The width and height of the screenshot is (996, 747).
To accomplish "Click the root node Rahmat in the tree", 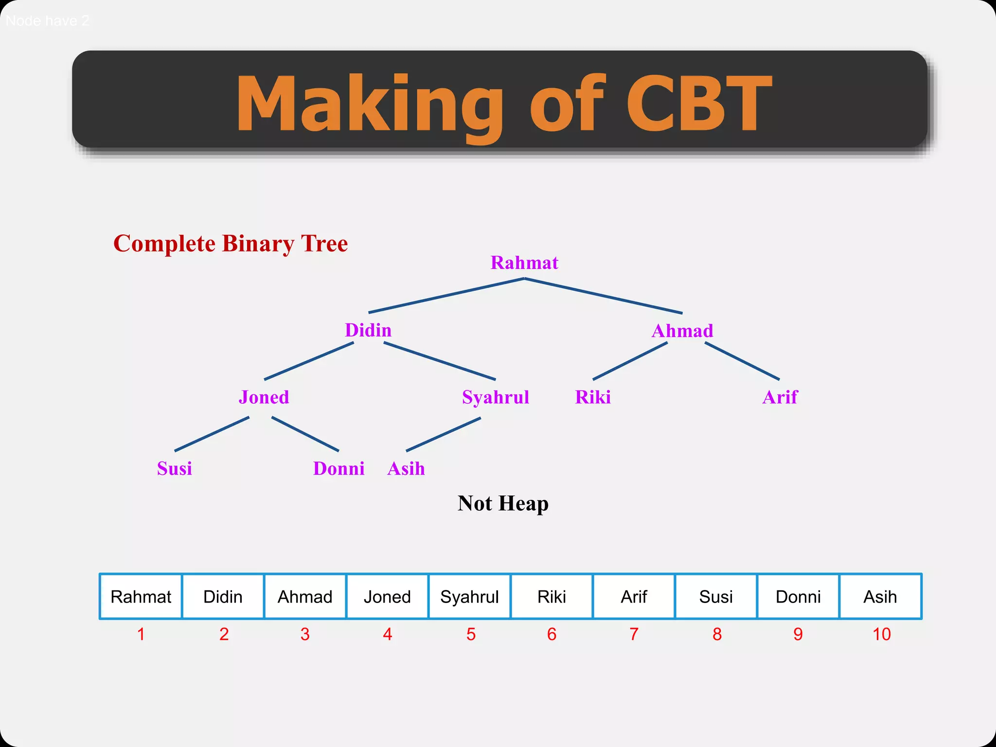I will (524, 263).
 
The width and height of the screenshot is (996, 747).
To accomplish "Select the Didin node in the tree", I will (368, 330).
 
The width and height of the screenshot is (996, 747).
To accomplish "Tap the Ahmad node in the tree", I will (682, 331).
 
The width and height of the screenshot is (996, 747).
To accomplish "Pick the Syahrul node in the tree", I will (495, 397).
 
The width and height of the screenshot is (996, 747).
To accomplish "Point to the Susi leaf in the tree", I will (174, 468).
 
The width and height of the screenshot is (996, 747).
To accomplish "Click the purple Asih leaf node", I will (406, 469).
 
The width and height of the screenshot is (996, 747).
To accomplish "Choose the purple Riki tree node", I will (592, 397).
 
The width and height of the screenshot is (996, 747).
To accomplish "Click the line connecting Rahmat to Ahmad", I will (603, 296).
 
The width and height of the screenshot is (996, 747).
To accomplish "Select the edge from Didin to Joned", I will (309, 361).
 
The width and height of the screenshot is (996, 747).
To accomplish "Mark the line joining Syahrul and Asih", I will (443, 434).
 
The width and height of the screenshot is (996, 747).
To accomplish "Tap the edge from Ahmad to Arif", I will (742, 361).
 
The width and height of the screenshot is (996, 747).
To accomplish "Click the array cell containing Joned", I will (387, 596).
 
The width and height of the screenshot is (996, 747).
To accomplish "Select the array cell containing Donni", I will (798, 596).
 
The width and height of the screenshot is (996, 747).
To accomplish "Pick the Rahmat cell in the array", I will (141, 596).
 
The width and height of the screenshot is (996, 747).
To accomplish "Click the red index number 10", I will (881, 634).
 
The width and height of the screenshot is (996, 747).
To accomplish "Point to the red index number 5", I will (471, 634).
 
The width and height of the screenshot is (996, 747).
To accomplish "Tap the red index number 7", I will (634, 634).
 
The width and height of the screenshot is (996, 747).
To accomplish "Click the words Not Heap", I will (503, 503).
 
